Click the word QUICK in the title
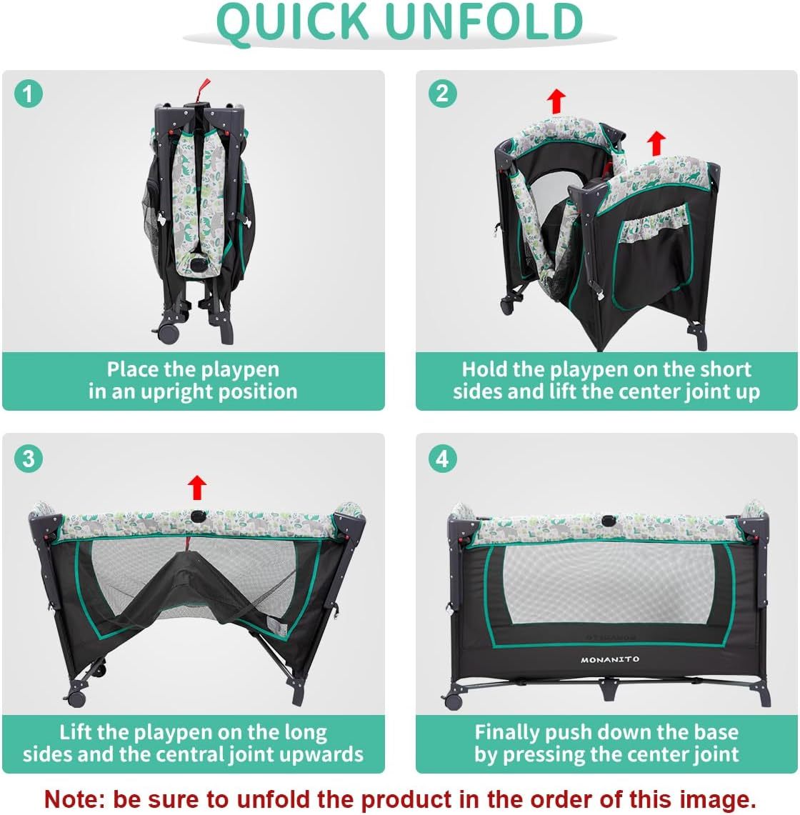293,22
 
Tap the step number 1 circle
28,94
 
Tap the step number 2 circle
442,94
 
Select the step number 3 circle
28,459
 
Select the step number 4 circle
442,459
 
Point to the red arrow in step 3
197,487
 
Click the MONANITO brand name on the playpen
610,659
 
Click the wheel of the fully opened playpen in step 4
454,701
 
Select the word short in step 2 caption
726,369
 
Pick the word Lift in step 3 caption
76,732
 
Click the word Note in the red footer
74,799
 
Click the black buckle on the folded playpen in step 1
198,264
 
